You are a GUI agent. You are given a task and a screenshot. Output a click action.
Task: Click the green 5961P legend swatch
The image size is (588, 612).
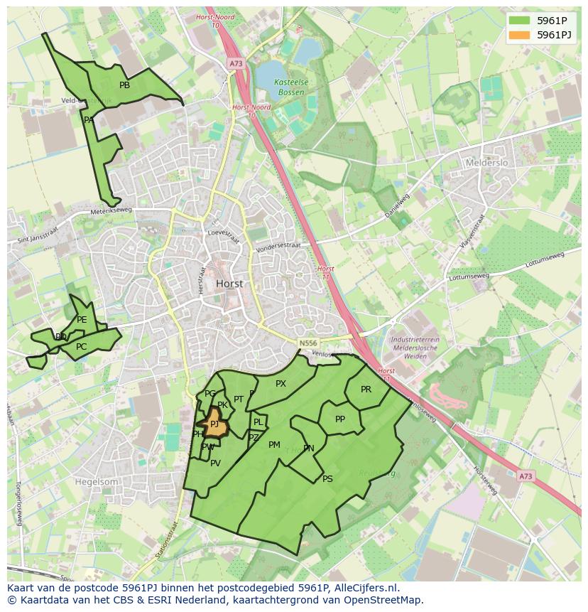(x=519, y=21)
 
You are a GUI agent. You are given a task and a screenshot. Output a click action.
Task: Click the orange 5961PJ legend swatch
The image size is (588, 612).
(x=519, y=34)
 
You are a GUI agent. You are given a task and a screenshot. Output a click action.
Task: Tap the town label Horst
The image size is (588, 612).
(x=229, y=283)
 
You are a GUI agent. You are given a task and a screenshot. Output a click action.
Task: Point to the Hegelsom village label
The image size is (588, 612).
(x=97, y=481)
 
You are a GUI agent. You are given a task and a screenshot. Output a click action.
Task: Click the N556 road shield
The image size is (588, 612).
(x=307, y=343)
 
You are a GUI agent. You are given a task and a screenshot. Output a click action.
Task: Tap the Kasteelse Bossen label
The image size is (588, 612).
(x=291, y=87)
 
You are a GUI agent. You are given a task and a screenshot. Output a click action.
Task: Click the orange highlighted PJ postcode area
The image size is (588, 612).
(x=214, y=424)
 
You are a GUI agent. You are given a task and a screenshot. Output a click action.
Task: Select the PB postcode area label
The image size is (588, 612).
(x=124, y=85)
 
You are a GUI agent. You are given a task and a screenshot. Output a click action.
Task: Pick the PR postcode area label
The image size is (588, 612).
(x=366, y=390)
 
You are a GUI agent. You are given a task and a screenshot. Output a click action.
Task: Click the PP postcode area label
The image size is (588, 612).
(x=340, y=419)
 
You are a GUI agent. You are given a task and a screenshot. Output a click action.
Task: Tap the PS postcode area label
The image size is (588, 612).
(x=327, y=479)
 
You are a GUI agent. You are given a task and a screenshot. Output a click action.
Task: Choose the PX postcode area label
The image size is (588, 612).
(x=281, y=384)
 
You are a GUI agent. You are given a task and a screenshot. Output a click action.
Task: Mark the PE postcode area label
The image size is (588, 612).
(x=82, y=320)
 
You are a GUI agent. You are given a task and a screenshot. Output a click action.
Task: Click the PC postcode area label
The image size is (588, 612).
(x=81, y=347)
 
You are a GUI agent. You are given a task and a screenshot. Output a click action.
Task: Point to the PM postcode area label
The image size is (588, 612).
(x=274, y=445)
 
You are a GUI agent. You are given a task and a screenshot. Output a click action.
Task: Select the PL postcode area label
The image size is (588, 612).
(x=258, y=422)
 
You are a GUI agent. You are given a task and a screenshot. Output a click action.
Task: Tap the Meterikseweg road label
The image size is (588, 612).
(x=112, y=212)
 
